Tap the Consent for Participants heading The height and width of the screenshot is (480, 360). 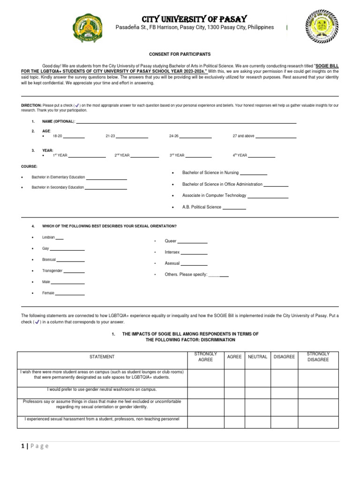coord(180,55)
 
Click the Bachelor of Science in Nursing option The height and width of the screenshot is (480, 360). coord(210,173)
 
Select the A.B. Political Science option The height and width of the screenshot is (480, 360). coord(202,207)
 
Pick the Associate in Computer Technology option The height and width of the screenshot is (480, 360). coord(214,195)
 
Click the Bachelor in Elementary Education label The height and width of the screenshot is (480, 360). coord(58,177)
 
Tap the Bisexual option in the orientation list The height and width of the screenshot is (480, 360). coord(49,260)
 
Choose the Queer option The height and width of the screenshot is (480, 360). coord(171,241)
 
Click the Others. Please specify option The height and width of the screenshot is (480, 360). coord(186,275)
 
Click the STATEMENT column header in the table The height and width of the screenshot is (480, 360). coord(102,357)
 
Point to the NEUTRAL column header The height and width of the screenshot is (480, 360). coord(257,357)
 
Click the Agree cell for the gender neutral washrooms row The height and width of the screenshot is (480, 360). coord(234,392)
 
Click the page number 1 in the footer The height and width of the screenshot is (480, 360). coord(22,446)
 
